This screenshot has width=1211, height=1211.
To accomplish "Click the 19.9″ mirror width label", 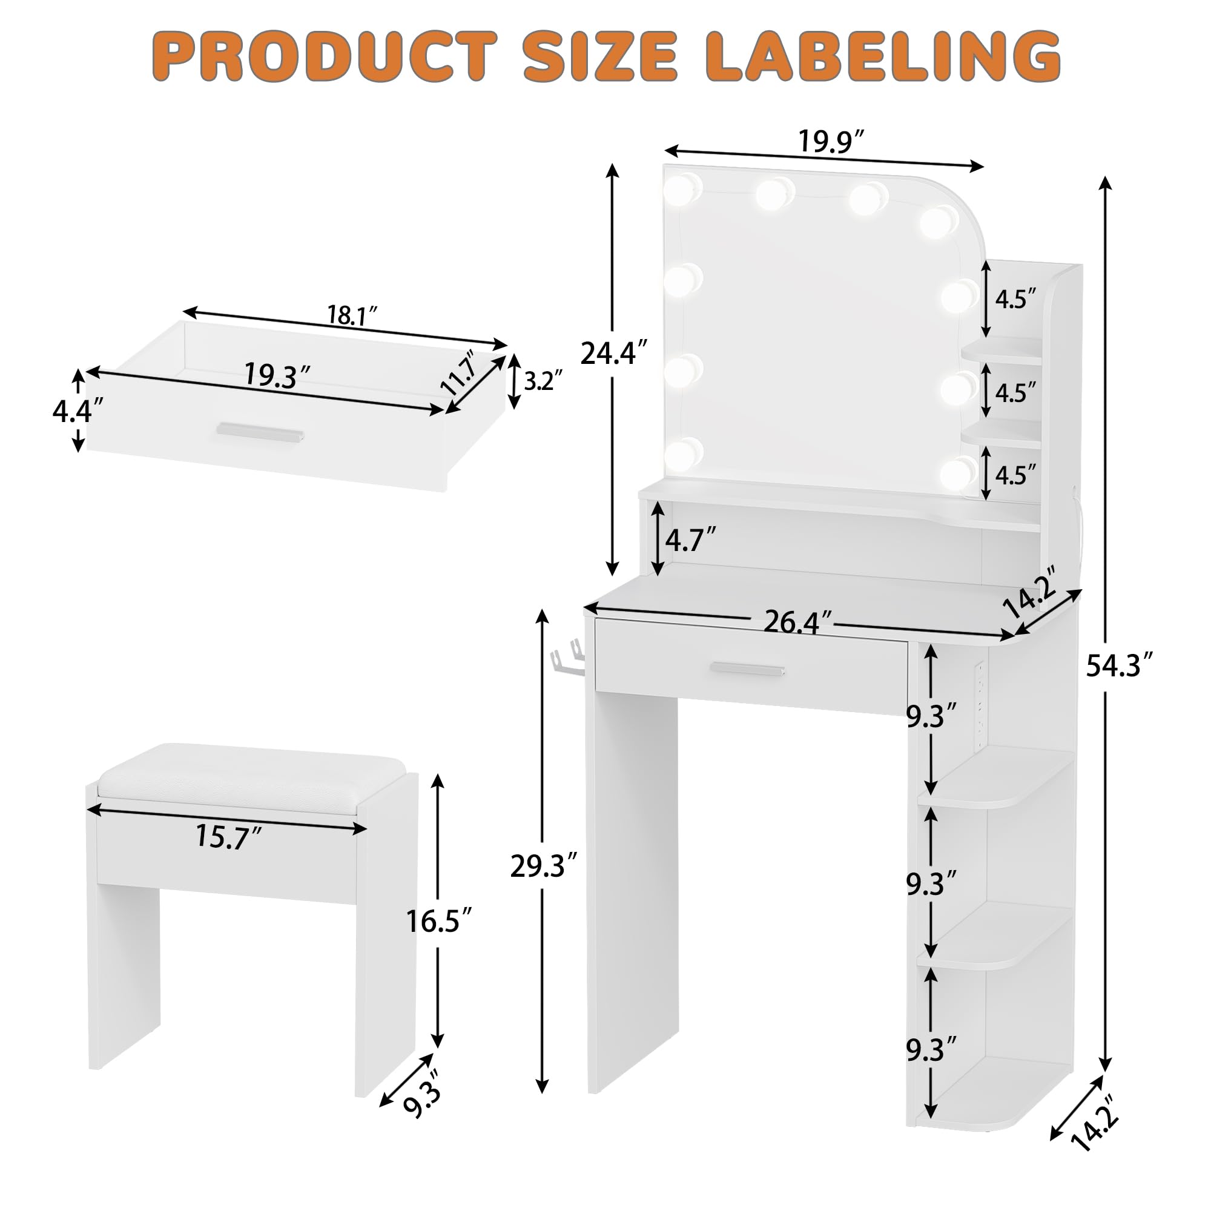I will tap(832, 142).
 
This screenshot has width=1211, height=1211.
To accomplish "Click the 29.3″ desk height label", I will tap(543, 866).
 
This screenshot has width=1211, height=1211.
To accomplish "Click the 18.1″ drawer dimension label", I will tap(352, 315).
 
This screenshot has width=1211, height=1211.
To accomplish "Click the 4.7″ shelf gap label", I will tap(690, 539).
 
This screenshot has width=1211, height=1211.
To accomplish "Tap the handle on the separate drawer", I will tap(260, 431).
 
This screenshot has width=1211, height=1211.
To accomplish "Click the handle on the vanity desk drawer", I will tap(747, 670).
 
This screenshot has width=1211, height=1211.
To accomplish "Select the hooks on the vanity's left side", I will tap(566, 661).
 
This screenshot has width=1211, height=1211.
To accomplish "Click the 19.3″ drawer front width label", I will tap(277, 376).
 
